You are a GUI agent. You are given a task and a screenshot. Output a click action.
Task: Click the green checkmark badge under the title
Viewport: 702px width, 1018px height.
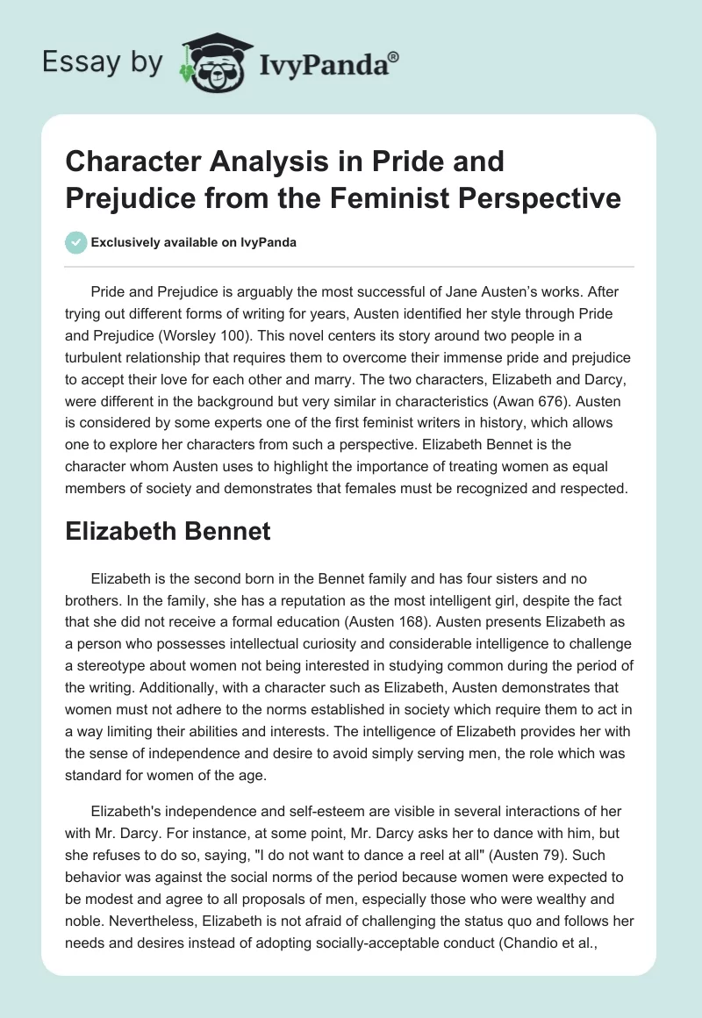[x=76, y=242]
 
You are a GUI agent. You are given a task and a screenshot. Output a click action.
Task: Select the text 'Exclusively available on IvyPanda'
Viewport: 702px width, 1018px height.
[x=193, y=242]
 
